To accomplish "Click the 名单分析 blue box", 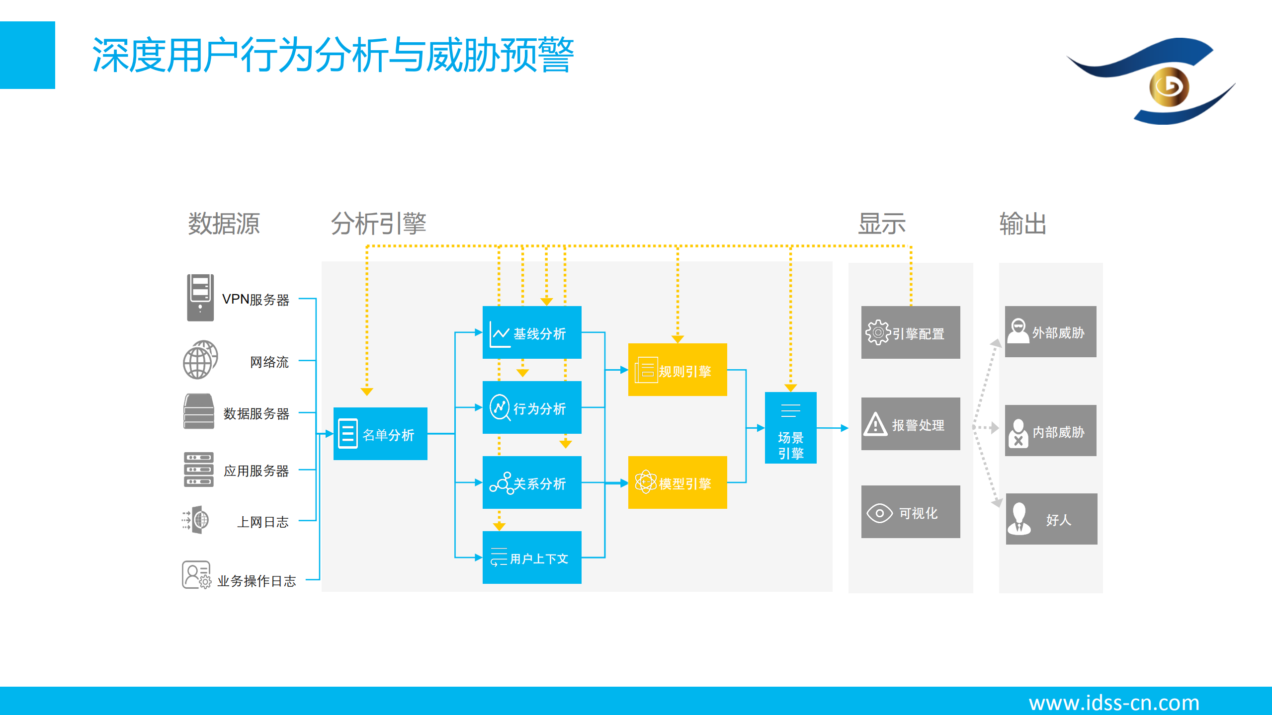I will [x=380, y=434].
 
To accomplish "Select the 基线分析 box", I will [x=532, y=332].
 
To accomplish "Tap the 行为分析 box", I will [x=532, y=407].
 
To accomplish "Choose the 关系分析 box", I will [x=532, y=482].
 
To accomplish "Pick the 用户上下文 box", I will [x=532, y=557].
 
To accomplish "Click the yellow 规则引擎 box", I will [x=678, y=370].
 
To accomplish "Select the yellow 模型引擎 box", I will [x=678, y=482].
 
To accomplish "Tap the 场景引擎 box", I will [x=790, y=428].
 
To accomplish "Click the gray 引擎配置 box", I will [x=911, y=332].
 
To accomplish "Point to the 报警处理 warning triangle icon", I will [x=875, y=424].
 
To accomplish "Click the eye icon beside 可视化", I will [x=879, y=513].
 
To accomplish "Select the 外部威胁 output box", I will [x=1050, y=331].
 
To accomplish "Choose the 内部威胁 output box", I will [x=1050, y=430].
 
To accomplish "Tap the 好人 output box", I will [x=1051, y=519].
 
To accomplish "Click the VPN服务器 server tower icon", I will [x=200, y=297].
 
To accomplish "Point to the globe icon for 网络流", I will [x=200, y=360].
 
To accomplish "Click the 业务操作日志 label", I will [x=256, y=580].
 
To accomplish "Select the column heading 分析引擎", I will [x=379, y=224].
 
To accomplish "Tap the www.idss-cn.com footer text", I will [x=1114, y=702].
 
